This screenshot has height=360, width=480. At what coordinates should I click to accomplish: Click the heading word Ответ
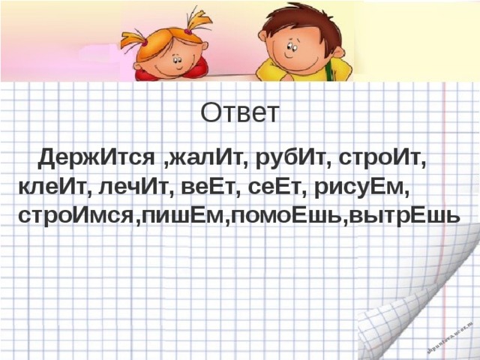[x=240, y=113]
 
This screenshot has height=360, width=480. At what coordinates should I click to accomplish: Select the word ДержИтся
[x=97, y=159]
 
